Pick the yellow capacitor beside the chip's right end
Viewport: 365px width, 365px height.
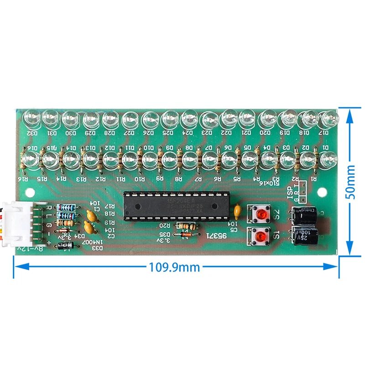pos(237,211)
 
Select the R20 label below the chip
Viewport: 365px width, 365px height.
pos(165,225)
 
